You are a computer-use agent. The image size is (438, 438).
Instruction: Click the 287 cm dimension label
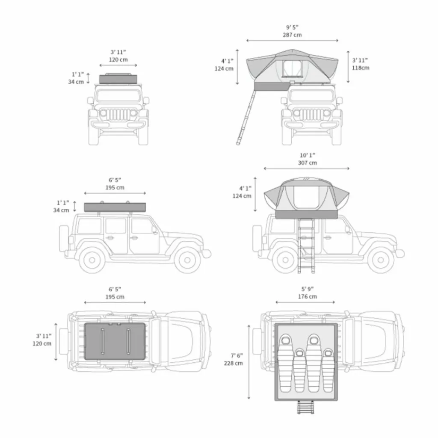[x=292, y=35]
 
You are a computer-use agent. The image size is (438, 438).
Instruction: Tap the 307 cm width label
[x=307, y=163]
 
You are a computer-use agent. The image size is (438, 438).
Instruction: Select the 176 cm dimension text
[x=307, y=297]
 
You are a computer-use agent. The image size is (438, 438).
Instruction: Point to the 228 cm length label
[x=233, y=364]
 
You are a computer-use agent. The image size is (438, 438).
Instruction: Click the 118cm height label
[x=360, y=68]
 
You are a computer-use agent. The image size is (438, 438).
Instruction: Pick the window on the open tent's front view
[x=292, y=68]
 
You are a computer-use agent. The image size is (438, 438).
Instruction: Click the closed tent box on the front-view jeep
[x=118, y=79]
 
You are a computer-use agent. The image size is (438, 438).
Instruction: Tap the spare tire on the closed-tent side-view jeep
[x=64, y=238]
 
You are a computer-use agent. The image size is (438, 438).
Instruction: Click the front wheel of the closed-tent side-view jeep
[x=187, y=260]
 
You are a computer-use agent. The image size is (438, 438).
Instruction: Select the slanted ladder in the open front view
[x=246, y=117]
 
